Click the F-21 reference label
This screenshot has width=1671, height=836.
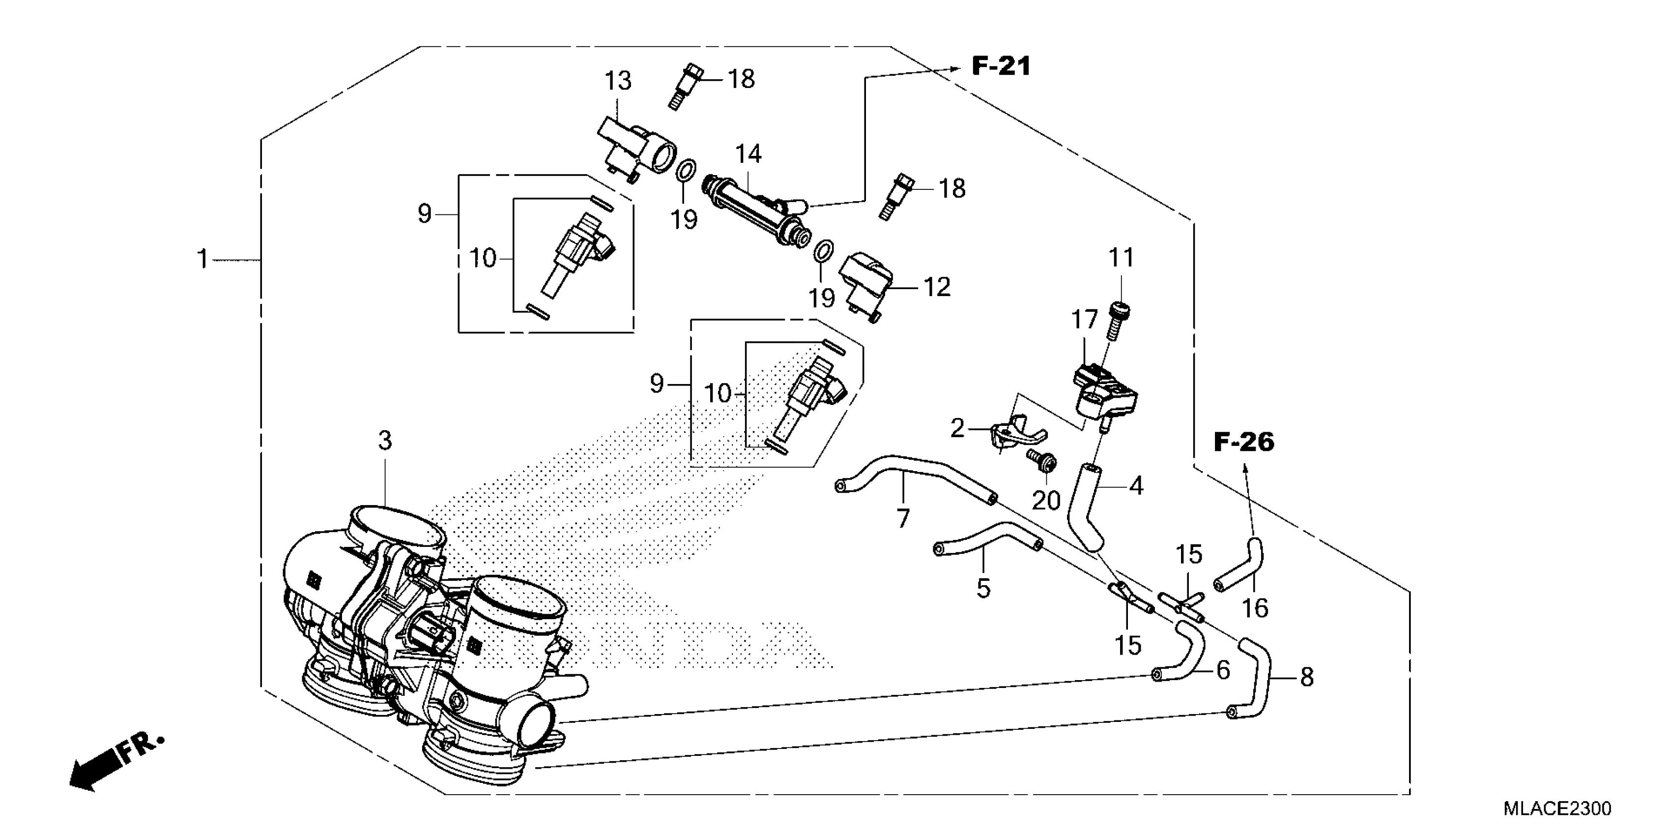(1001, 66)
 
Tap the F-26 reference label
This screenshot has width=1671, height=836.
(1243, 443)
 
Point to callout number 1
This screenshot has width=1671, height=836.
(203, 260)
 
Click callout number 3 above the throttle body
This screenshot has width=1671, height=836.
(385, 442)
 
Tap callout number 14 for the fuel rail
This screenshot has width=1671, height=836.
(748, 154)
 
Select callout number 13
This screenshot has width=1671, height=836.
(618, 81)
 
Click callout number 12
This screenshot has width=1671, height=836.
(936, 287)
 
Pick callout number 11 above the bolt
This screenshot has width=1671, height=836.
(1121, 258)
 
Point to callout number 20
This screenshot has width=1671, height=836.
(1046, 501)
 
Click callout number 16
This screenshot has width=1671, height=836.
(1255, 608)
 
